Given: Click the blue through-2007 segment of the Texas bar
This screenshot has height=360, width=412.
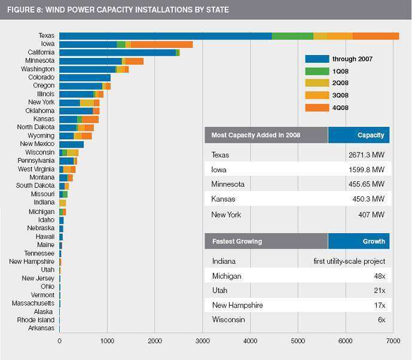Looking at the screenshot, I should tap(165, 36).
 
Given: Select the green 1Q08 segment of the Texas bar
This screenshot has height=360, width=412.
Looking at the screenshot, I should tap(292, 36).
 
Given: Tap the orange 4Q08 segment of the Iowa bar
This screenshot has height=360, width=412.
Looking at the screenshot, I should tap(161, 44).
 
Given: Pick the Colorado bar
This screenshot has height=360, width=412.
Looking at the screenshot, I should tap(85, 78).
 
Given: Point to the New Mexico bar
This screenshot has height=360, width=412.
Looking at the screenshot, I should tap(71, 144).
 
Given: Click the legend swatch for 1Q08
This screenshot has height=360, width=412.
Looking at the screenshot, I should tap(317, 71).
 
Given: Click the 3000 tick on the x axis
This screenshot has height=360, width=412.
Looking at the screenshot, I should tap(202, 340).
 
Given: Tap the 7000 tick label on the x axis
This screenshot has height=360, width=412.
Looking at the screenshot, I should tap(393, 340).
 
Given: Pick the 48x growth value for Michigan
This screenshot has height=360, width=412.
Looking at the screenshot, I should tap(379, 276).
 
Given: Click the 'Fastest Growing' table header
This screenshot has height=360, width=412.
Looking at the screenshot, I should tap(237, 242).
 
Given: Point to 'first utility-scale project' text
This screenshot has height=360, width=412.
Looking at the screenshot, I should tap(349, 261).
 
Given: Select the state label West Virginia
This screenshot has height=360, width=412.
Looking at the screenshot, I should tap(36, 169).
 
